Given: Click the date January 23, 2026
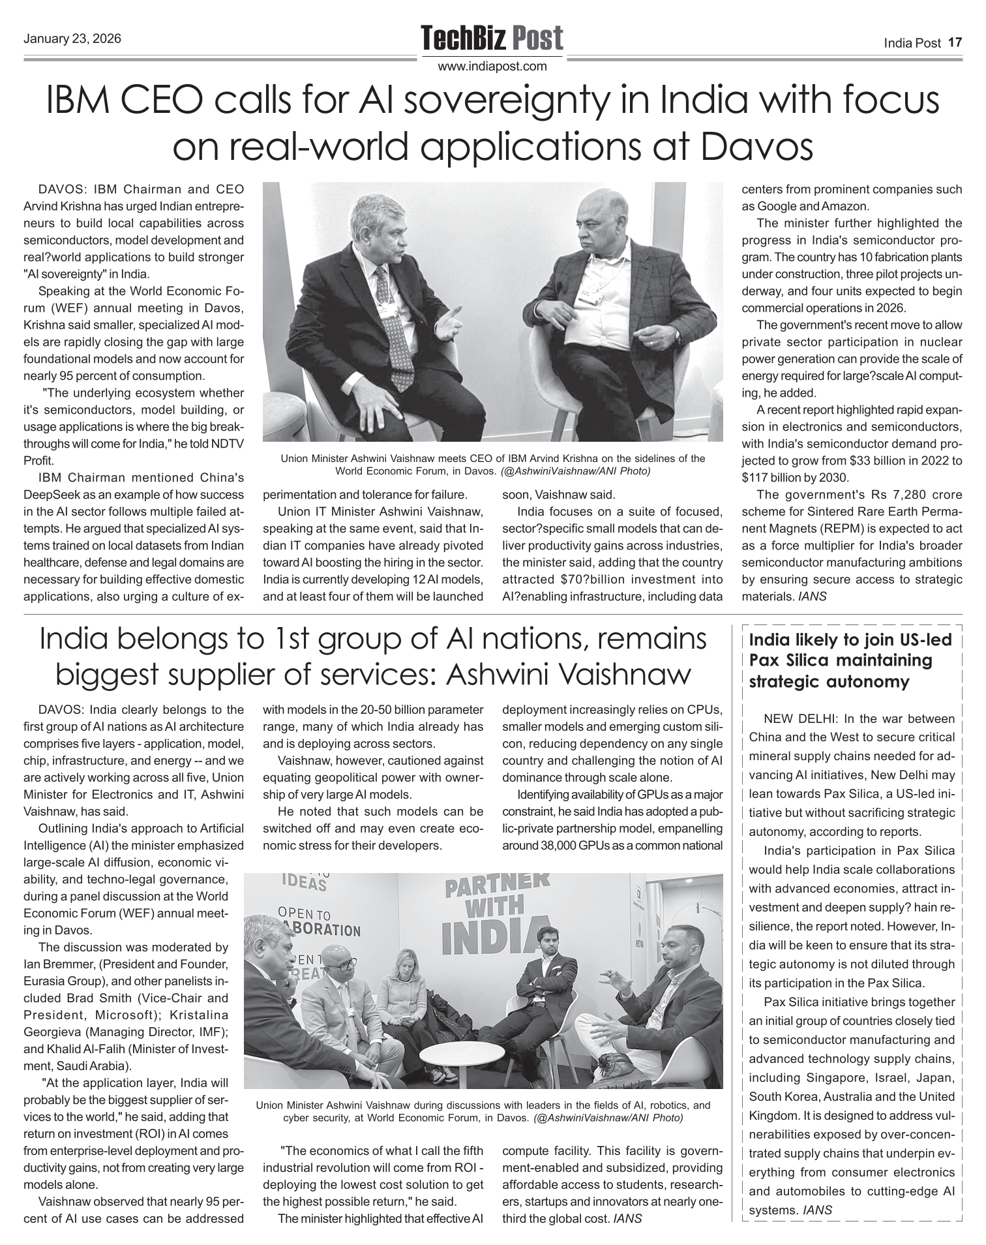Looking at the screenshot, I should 72,38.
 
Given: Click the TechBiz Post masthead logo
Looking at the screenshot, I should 492,38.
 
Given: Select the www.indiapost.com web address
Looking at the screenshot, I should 492,66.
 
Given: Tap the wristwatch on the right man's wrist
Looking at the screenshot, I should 678,335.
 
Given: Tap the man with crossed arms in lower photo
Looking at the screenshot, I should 545,979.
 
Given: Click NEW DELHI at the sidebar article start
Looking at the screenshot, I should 800,719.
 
